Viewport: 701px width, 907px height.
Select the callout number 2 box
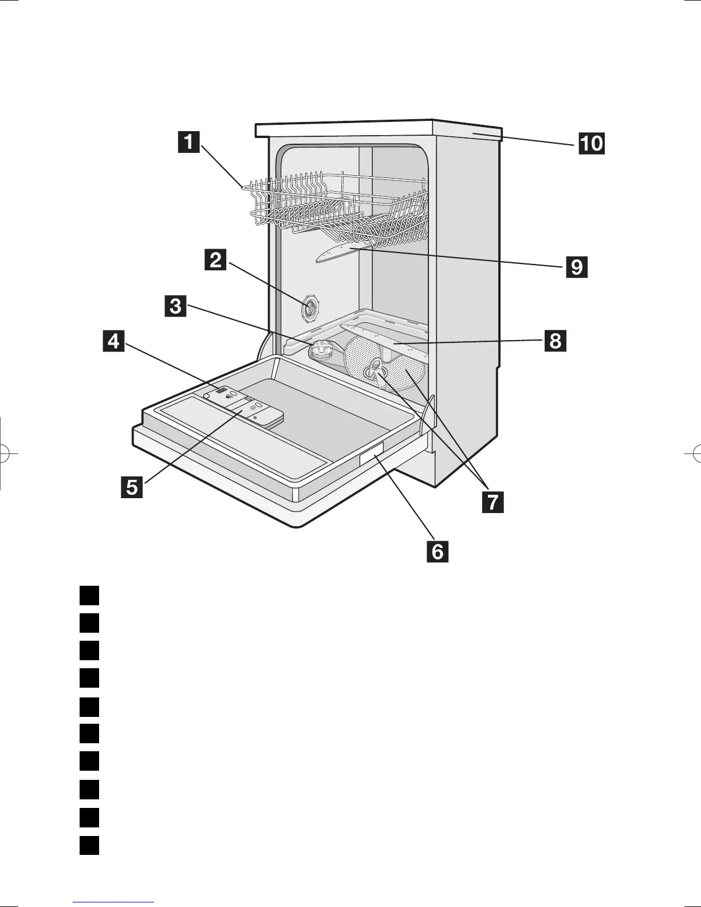(x=216, y=260)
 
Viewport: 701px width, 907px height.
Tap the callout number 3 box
(x=175, y=305)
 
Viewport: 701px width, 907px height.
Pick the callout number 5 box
(x=132, y=487)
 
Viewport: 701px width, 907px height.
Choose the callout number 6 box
(x=437, y=551)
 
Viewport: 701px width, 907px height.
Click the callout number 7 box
(x=493, y=502)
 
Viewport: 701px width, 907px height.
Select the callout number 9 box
(x=576, y=266)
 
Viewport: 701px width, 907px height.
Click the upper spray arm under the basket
(x=341, y=253)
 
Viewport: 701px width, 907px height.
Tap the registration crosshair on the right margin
(x=694, y=452)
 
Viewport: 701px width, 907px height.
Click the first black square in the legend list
(x=89, y=595)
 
